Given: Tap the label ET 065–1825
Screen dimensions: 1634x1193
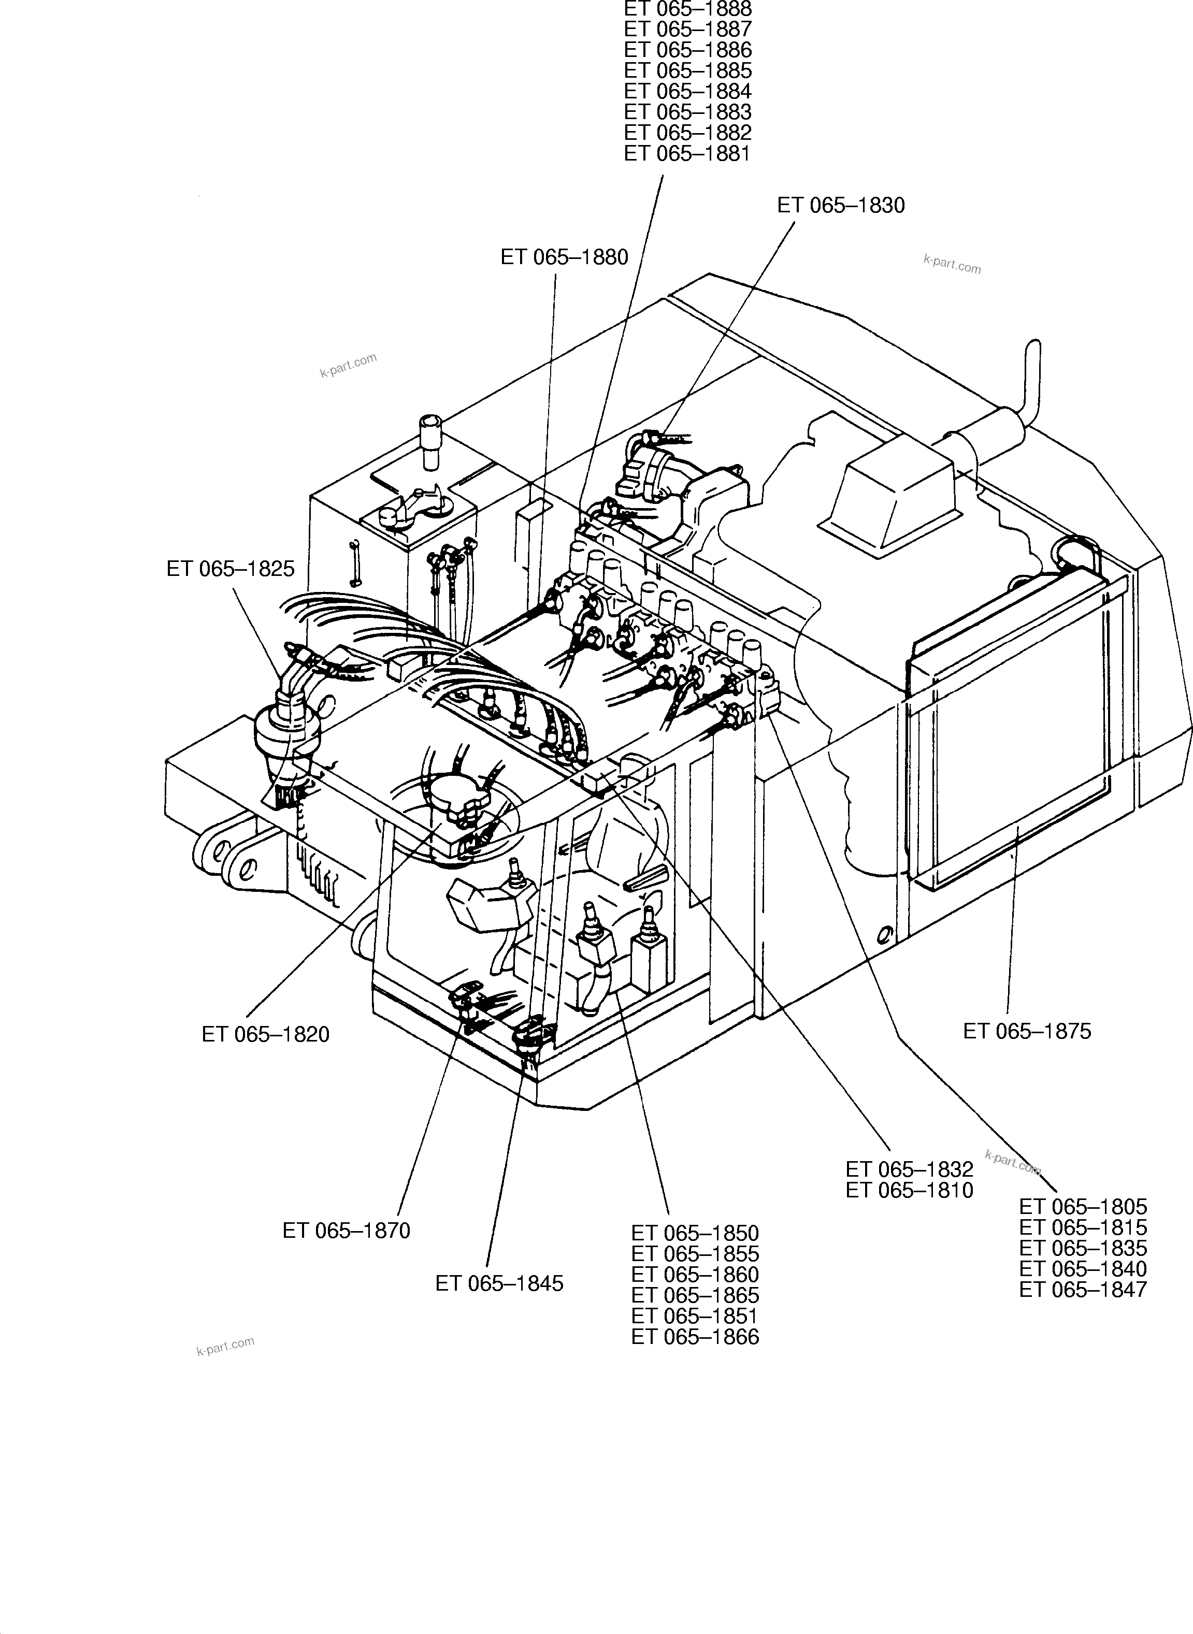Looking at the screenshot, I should (231, 569).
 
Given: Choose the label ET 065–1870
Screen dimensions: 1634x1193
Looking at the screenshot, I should (346, 1231).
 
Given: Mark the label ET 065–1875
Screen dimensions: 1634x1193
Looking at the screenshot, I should (1026, 1031).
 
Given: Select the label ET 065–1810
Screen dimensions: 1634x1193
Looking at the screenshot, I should (909, 1190).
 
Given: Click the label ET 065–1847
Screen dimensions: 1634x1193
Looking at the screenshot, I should (1083, 1290).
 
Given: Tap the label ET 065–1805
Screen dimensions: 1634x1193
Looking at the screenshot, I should (1083, 1207).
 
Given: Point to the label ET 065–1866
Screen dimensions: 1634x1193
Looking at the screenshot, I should (695, 1337).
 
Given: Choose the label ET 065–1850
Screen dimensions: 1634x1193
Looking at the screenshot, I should (695, 1233).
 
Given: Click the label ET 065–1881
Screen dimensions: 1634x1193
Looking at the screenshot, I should (687, 154).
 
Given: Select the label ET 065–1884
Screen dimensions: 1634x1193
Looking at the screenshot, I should (687, 92).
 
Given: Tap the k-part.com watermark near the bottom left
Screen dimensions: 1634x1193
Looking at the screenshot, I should (225, 1347).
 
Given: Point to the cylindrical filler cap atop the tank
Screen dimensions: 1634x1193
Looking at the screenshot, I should (430, 436).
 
